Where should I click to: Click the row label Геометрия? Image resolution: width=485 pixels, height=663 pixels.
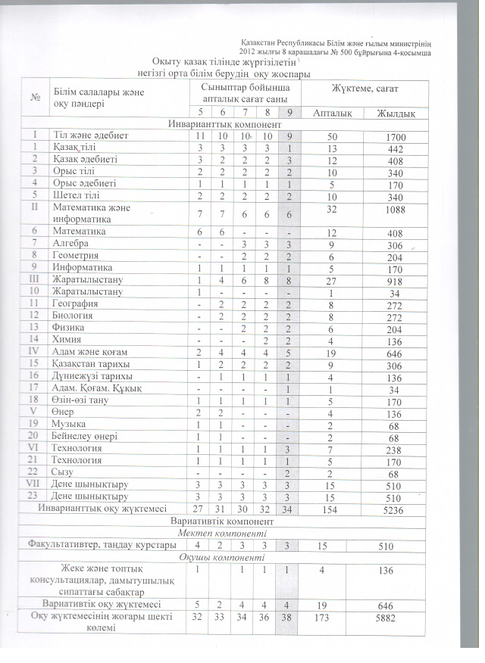78,255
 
